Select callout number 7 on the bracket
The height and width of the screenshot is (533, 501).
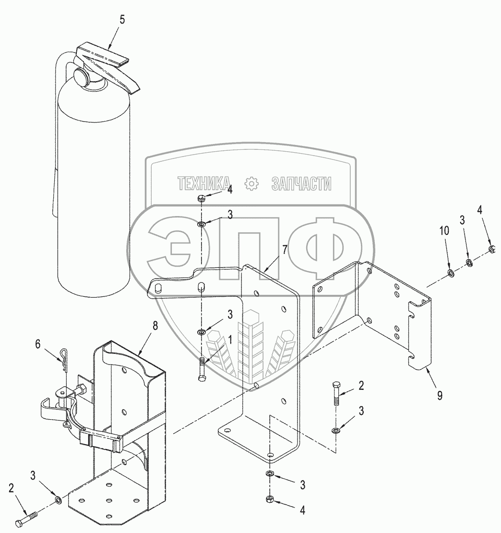285,249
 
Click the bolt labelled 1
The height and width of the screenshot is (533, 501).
202,370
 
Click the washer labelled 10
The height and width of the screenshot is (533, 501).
452,273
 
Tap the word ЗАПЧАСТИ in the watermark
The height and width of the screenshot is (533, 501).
301,183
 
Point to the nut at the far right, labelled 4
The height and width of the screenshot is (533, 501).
491,249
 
